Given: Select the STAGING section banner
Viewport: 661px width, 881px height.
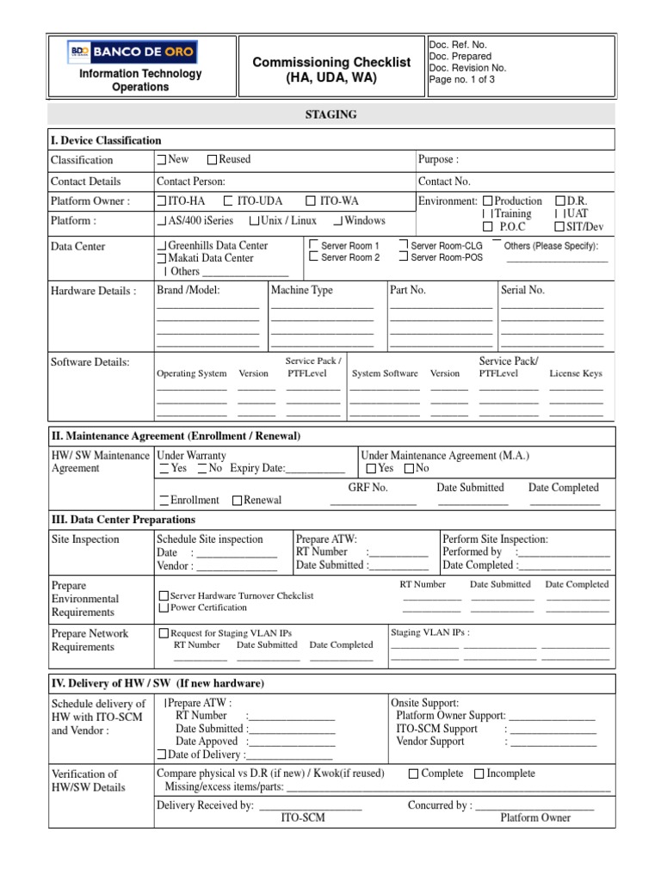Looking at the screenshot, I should click(330, 114).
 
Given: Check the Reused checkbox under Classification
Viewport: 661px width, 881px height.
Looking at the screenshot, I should click(213, 160).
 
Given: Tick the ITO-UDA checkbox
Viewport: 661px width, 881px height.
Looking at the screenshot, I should click(229, 200).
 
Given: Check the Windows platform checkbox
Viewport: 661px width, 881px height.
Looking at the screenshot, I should click(339, 221).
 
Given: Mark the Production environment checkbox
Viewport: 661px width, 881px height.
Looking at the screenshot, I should click(488, 200).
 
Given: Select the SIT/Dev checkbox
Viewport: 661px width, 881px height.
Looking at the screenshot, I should click(560, 227).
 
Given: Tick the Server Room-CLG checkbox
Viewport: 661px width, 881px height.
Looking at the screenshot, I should click(404, 246).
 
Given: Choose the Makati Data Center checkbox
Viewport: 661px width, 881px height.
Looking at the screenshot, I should click(162, 258).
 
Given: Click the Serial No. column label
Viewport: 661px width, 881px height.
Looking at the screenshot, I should click(523, 291).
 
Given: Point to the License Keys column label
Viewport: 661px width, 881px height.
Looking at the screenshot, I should click(576, 374).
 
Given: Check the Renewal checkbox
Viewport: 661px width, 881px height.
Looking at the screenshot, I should click(237, 500).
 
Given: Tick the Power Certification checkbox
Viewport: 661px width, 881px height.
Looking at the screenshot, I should click(164, 607).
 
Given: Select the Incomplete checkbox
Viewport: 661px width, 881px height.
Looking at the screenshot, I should click(479, 774).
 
